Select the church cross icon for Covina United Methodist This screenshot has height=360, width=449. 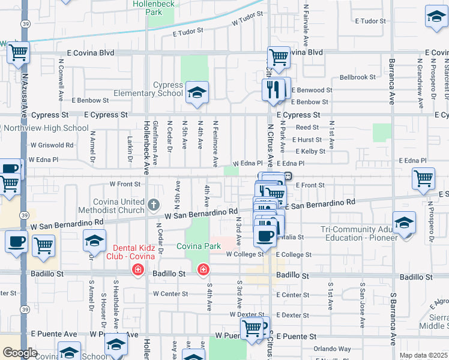click(153, 205)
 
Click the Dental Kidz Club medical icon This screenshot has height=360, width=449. click(139, 270)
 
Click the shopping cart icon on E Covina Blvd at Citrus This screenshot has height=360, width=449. click(279, 58)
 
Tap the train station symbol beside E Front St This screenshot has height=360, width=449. click(289, 176)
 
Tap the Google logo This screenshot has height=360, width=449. click(19, 353)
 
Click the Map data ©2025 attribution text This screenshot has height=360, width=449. click(423, 355)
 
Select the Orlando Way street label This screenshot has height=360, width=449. click(332, 349)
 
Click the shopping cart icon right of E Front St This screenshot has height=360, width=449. click(423, 178)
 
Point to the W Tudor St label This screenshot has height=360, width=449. click(247, 19)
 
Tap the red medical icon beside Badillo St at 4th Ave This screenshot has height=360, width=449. click(203, 270)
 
